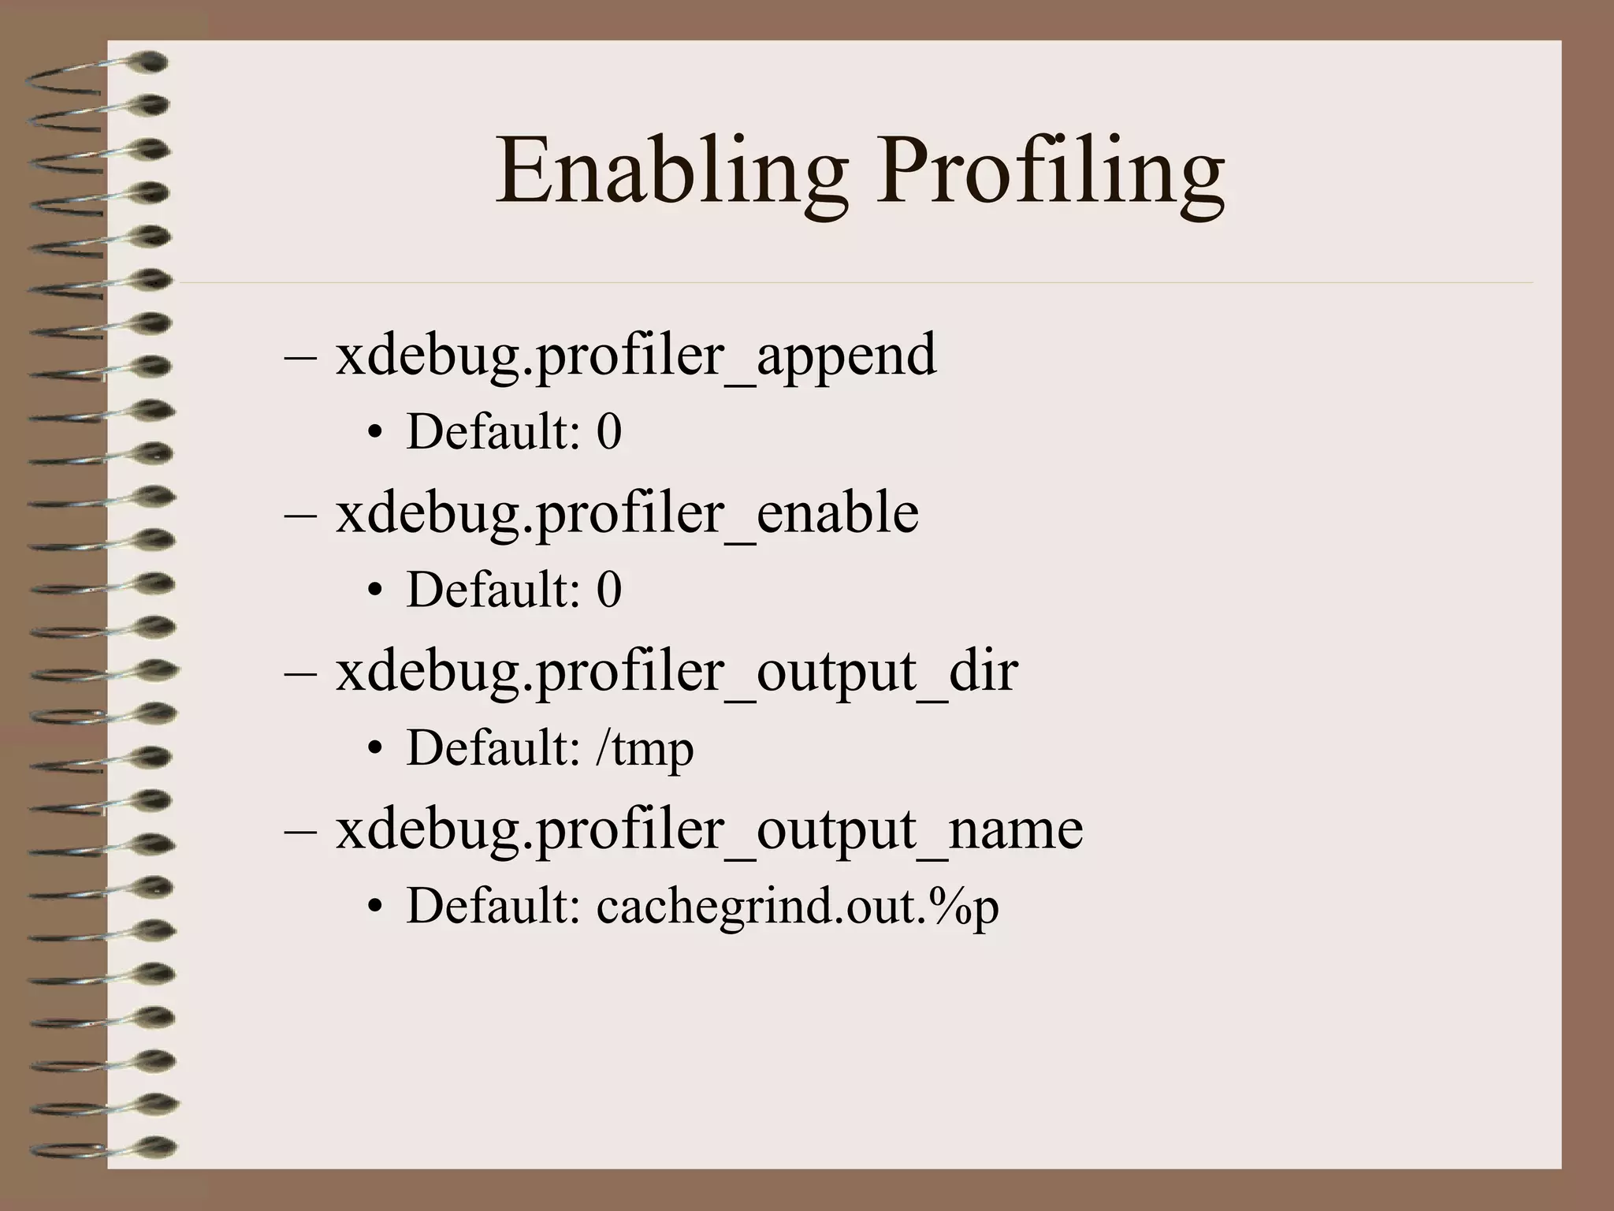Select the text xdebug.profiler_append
pyautogui.click(x=636, y=356)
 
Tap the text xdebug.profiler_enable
pyautogui.click(x=627, y=513)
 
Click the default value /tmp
pyautogui.click(x=645, y=748)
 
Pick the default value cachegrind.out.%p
pyautogui.click(x=798, y=906)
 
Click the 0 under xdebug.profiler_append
pyautogui.click(x=608, y=432)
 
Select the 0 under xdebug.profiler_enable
pyautogui.click(x=608, y=590)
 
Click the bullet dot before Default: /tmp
pyautogui.click(x=375, y=748)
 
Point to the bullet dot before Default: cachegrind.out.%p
pyautogui.click(x=375, y=906)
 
